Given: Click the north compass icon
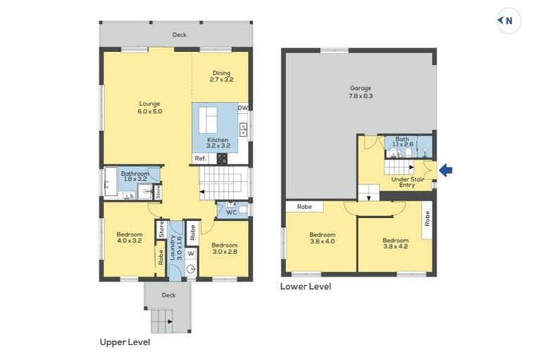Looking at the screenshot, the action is (x=508, y=20).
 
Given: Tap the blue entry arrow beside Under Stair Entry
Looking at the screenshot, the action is (x=446, y=170).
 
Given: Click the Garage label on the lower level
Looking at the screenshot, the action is (x=361, y=88).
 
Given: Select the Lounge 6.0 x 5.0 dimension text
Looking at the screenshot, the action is (x=150, y=112).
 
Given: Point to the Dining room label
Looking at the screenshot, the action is (x=221, y=73).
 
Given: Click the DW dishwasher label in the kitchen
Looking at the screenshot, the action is (x=243, y=108).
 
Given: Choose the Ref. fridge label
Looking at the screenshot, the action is (x=200, y=158).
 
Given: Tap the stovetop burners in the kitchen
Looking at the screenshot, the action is (x=221, y=158).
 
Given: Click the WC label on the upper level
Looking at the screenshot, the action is (x=231, y=212).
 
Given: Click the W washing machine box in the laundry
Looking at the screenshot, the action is (x=191, y=254).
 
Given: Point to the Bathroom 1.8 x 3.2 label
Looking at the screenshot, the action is (x=135, y=176).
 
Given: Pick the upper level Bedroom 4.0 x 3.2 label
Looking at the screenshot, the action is (x=129, y=238).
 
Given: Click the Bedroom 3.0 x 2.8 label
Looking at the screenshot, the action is (x=224, y=248).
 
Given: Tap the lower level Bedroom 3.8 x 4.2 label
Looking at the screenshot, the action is (x=395, y=243).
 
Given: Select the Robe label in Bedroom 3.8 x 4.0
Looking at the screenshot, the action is (x=304, y=207).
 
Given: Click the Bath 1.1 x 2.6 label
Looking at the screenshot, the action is (x=402, y=141).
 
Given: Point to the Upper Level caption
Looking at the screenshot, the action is (x=124, y=342).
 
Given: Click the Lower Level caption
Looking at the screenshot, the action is (x=306, y=286).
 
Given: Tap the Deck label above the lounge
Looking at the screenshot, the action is (x=179, y=34).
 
